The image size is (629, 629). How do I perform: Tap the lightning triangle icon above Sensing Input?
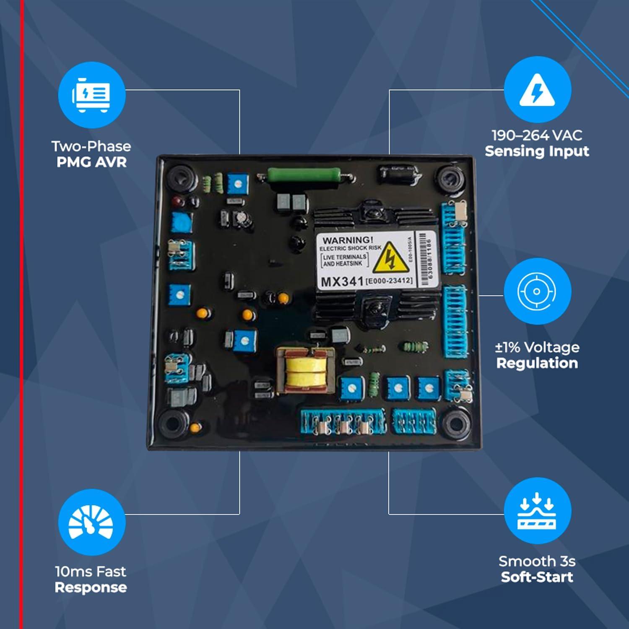click(x=537, y=90)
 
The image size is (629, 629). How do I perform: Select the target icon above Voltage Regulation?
click(x=537, y=291)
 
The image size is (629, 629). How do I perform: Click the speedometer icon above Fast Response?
click(x=91, y=522)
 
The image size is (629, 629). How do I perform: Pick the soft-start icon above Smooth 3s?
click(x=537, y=511)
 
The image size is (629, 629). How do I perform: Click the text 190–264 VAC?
click(x=537, y=135)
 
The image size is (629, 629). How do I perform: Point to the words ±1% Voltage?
click(x=537, y=347)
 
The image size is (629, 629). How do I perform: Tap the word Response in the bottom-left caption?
click(x=91, y=587)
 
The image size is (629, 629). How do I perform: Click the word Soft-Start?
click(x=537, y=577)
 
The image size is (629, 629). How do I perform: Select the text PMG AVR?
click(x=91, y=162)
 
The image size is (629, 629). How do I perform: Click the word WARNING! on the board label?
click(x=348, y=240)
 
